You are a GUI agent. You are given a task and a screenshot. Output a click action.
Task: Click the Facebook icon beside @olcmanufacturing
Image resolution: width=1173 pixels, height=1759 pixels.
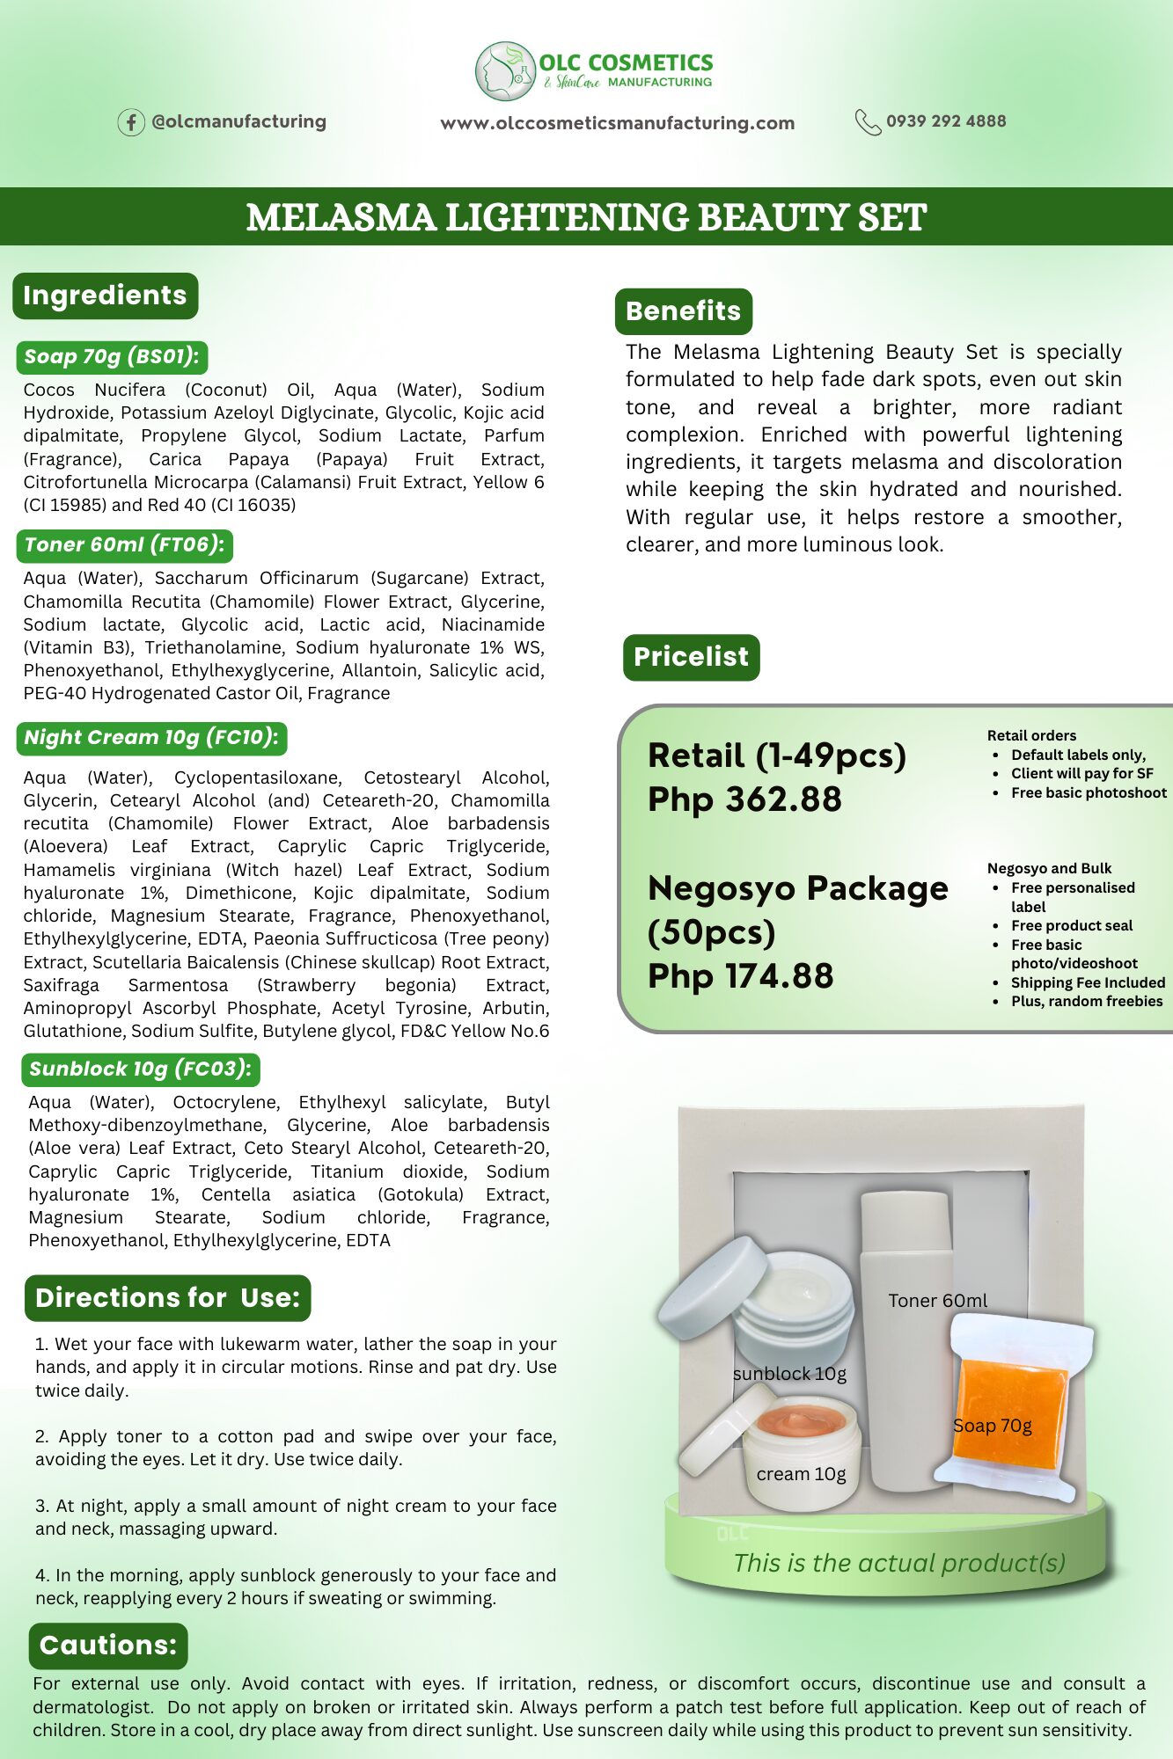[x=131, y=122]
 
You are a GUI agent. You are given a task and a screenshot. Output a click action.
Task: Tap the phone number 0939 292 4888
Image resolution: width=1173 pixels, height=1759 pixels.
[x=945, y=121]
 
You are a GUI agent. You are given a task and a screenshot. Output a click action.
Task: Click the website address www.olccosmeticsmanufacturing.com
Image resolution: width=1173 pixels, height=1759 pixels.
[x=617, y=123]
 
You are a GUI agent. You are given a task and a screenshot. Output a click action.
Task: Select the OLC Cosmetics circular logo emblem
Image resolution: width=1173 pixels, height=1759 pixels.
[x=505, y=71]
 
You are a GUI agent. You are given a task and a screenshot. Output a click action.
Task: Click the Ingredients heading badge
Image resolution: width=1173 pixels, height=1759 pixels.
[x=105, y=296]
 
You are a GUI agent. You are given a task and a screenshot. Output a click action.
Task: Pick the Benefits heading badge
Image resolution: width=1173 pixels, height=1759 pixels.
[x=683, y=311]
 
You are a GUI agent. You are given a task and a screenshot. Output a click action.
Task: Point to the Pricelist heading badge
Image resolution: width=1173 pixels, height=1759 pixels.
[x=691, y=657]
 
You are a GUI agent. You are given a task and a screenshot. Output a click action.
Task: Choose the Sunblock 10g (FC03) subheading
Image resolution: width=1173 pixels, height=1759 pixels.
[x=140, y=1069]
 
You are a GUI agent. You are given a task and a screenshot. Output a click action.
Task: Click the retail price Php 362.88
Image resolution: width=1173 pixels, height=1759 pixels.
[x=744, y=799]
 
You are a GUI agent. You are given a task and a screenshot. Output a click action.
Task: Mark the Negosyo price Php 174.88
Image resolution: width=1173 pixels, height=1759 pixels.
[x=740, y=976]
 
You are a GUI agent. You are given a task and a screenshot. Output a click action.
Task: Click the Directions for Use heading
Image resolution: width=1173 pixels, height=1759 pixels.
[x=167, y=1298]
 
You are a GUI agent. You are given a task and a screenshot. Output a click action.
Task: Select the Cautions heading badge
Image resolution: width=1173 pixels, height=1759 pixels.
[x=108, y=1646]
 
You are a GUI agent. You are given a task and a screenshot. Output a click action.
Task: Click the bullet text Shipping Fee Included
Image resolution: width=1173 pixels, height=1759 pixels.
[x=1088, y=982]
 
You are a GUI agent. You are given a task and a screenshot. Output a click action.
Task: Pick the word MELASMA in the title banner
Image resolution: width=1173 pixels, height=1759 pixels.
[x=341, y=217]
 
